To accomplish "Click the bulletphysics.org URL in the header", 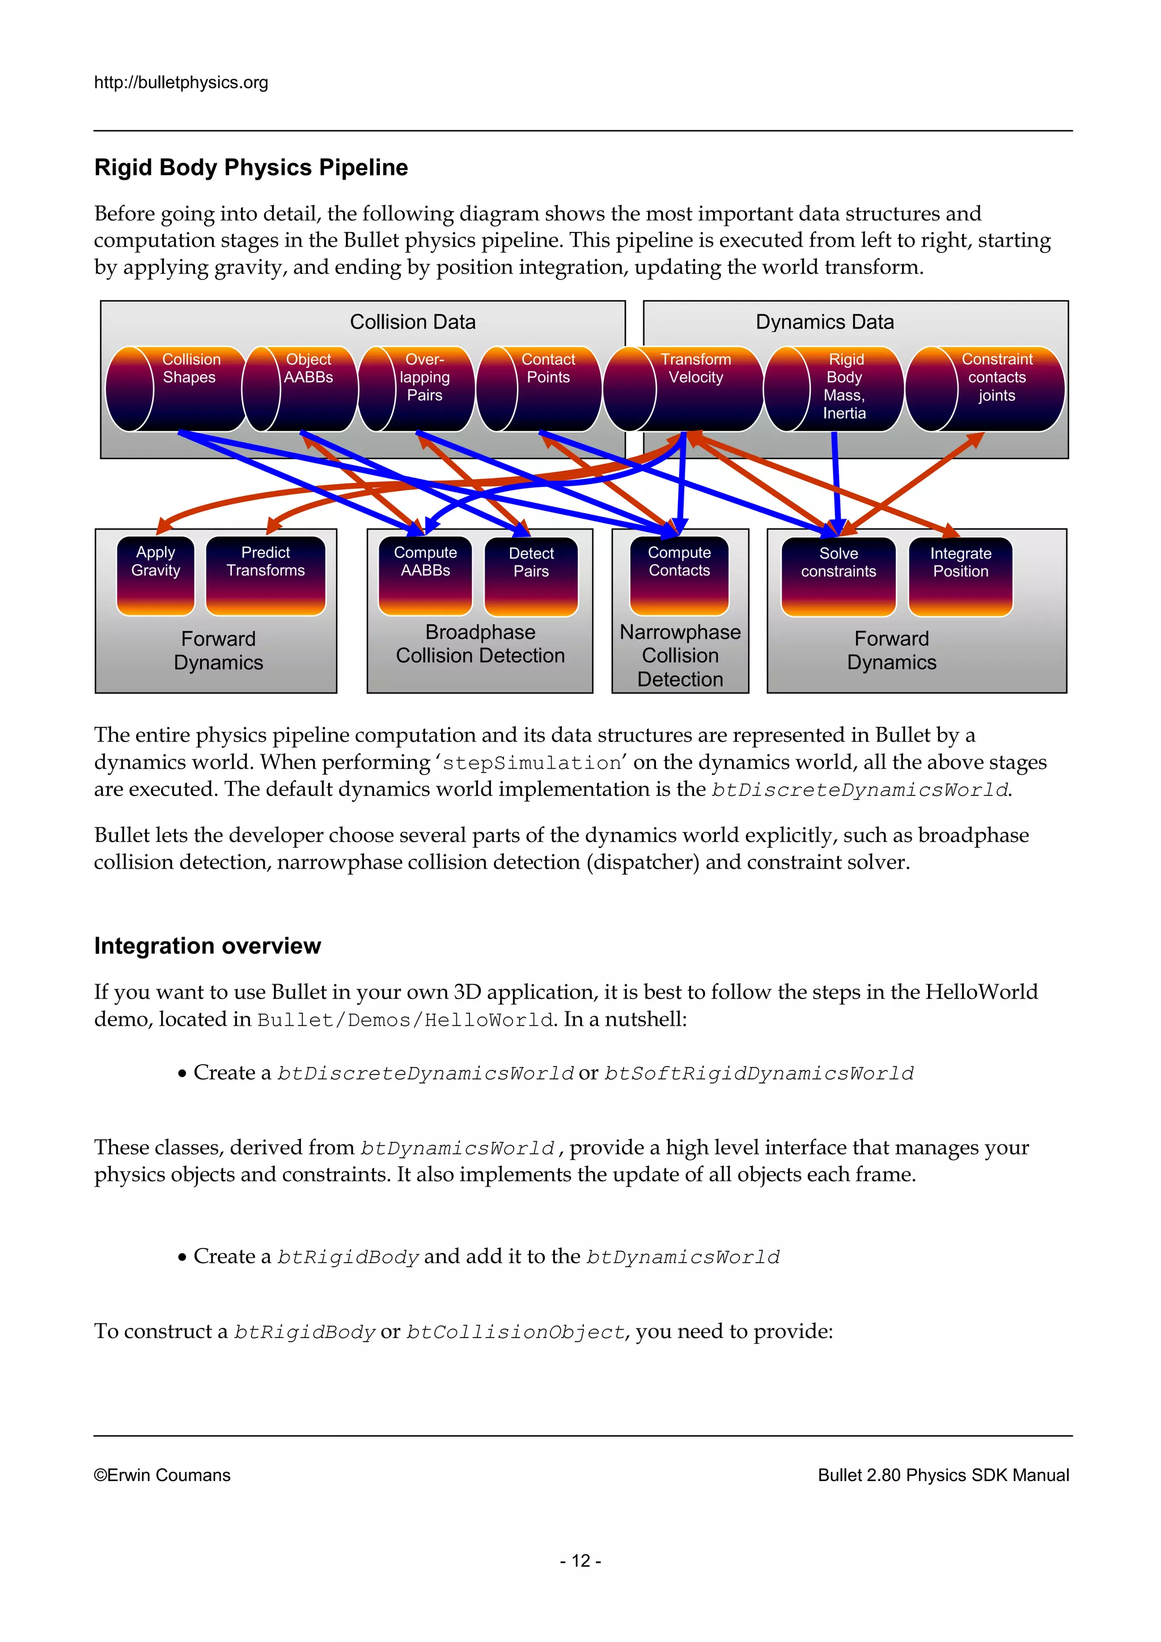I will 181,82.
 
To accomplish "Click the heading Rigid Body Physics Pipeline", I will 251,167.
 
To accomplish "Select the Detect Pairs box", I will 531,575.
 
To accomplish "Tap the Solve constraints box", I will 838,575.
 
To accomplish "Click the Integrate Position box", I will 960,575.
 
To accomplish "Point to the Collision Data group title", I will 413,322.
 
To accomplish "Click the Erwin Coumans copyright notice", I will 162,1475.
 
